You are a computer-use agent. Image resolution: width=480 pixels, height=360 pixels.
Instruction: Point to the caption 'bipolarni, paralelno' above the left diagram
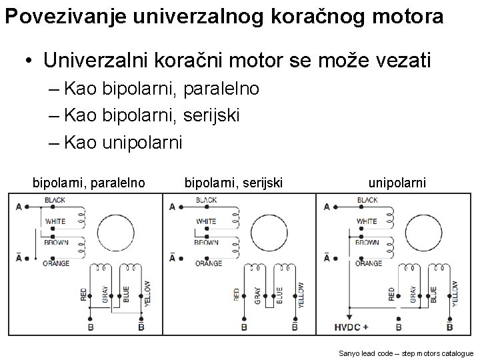coord(89,182)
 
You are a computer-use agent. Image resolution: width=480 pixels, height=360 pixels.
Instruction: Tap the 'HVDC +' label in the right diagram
coord(351,327)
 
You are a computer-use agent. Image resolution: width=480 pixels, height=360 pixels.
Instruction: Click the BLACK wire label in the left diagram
coord(55,200)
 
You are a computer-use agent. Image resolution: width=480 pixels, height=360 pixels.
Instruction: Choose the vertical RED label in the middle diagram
coord(237,294)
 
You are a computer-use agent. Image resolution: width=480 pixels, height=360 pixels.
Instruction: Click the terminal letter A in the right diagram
coord(327,207)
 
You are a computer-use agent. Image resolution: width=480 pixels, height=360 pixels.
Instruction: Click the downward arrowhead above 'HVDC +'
coord(349,317)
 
